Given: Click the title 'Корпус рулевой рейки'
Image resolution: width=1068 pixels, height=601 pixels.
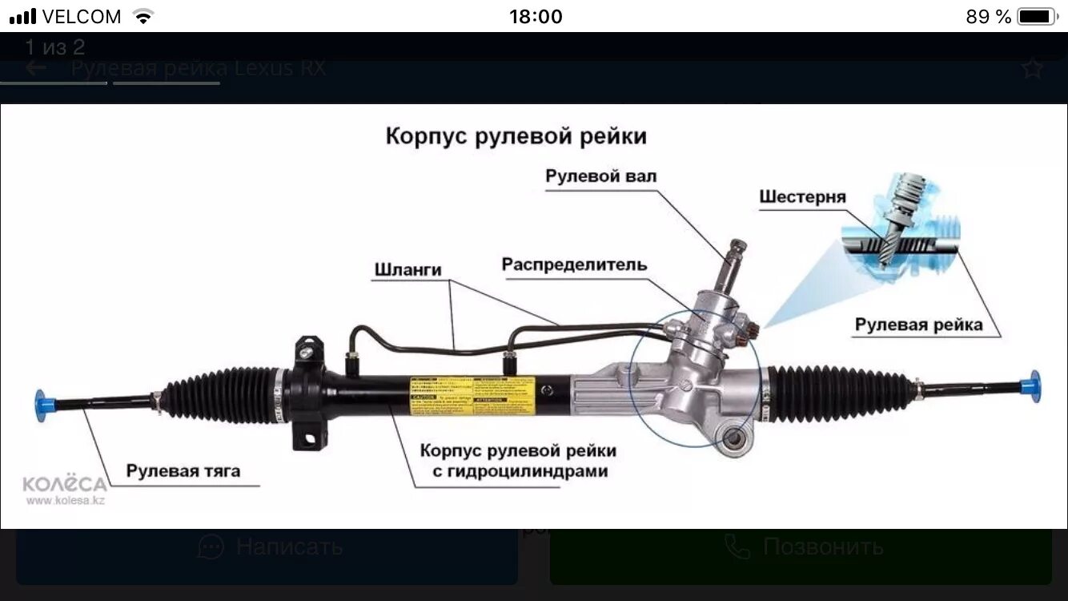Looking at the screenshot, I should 516,135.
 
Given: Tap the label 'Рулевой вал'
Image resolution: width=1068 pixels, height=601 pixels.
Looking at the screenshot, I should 600,175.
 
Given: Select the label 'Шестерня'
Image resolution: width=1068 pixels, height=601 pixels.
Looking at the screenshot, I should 802,197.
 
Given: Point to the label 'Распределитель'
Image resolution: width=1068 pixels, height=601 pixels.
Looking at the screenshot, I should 574,264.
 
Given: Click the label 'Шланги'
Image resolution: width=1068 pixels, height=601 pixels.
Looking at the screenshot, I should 408,270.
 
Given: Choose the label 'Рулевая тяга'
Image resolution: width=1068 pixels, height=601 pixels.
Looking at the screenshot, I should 183,470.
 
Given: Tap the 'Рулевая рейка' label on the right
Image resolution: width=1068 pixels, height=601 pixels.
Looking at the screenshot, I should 918,324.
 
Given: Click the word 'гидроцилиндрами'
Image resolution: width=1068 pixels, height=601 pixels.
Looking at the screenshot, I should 520,471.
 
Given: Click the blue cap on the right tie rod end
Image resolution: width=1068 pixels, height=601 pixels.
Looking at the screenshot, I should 1034,386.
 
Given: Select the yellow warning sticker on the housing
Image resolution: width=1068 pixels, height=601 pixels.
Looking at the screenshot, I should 472,395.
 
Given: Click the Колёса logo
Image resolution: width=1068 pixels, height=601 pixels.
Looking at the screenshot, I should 64,485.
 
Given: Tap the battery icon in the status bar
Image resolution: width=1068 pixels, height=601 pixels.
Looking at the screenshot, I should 1037,16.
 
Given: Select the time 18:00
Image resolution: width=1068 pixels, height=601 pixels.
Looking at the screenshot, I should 536,16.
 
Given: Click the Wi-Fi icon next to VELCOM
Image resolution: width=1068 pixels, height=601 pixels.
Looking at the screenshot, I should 143,16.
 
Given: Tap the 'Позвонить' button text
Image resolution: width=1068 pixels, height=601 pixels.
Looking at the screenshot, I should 823,547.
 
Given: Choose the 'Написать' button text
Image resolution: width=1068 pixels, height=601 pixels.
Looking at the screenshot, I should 289,547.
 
